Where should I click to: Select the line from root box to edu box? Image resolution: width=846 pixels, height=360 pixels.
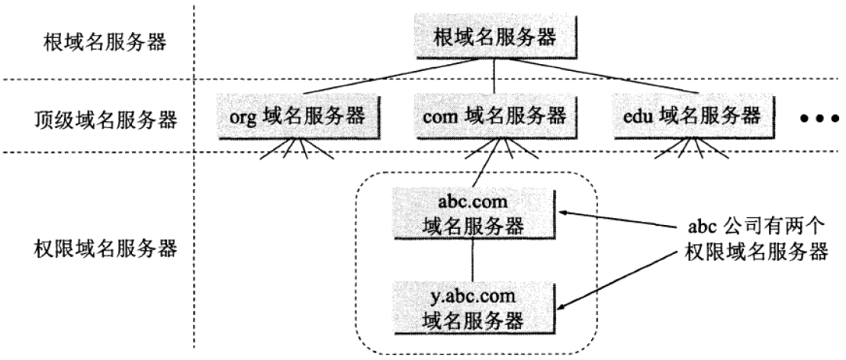[603, 79]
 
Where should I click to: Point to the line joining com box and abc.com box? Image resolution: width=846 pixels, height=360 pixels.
[486, 164]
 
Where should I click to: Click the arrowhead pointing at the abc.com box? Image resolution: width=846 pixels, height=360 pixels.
[565, 211]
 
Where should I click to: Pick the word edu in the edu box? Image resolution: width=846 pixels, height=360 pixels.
[639, 117]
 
